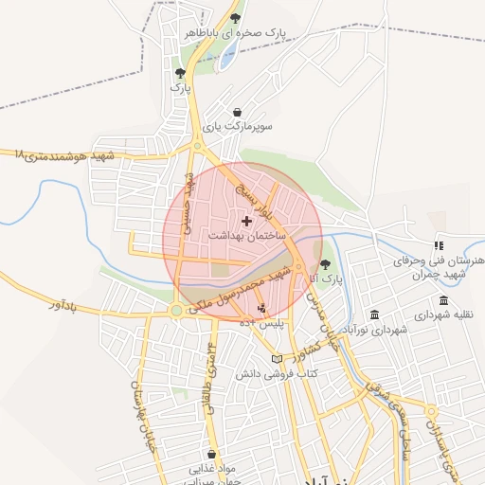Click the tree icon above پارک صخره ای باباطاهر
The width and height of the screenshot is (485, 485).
(235, 17)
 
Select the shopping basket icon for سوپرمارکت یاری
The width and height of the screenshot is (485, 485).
(236, 111)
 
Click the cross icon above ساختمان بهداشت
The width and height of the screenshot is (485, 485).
(247, 220)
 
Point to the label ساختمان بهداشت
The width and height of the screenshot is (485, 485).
(245, 234)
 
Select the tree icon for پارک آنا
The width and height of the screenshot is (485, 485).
(326, 264)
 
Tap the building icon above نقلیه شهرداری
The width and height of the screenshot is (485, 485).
(443, 300)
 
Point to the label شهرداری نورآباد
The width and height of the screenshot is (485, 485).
(375, 330)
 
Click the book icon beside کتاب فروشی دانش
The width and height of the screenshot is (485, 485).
(277, 359)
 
